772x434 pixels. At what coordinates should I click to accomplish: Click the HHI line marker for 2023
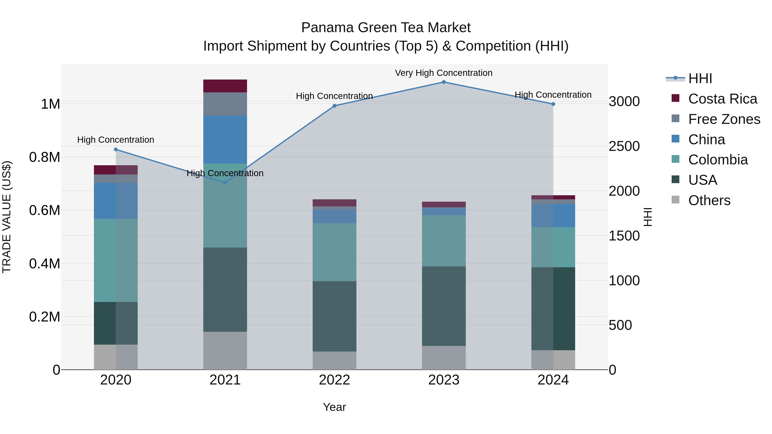click(444, 82)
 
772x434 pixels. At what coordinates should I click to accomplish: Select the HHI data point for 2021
click(225, 183)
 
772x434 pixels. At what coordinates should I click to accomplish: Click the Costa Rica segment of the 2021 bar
click(225, 86)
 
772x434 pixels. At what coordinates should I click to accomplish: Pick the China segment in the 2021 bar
click(225, 139)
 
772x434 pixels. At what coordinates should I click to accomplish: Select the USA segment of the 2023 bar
click(444, 306)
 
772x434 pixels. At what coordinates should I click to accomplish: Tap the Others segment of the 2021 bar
click(225, 350)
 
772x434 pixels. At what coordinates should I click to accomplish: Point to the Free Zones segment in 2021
click(225, 104)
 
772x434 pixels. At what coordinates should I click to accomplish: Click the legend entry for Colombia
click(718, 160)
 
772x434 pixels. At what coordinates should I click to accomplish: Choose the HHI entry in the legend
click(700, 78)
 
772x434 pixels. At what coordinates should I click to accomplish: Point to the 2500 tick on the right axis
click(624, 146)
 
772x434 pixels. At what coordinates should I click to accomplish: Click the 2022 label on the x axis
click(335, 380)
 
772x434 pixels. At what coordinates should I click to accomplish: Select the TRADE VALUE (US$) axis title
click(7, 217)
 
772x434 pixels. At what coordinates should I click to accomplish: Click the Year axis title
click(335, 407)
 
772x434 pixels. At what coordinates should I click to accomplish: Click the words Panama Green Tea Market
click(386, 28)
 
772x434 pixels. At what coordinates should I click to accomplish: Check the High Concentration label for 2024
click(553, 95)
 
